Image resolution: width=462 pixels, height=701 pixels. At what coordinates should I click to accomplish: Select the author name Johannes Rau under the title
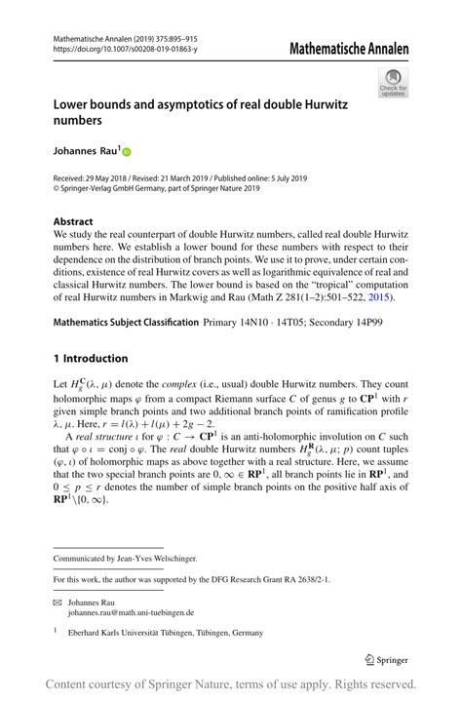click(x=84, y=151)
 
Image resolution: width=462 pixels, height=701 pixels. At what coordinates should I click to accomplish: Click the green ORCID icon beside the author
click(x=126, y=152)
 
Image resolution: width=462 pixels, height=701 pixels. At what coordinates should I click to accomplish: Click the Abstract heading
click(x=75, y=221)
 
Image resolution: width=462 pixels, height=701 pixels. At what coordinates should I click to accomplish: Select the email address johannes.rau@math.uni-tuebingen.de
click(x=131, y=613)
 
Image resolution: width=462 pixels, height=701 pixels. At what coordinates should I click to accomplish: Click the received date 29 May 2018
click(x=110, y=178)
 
